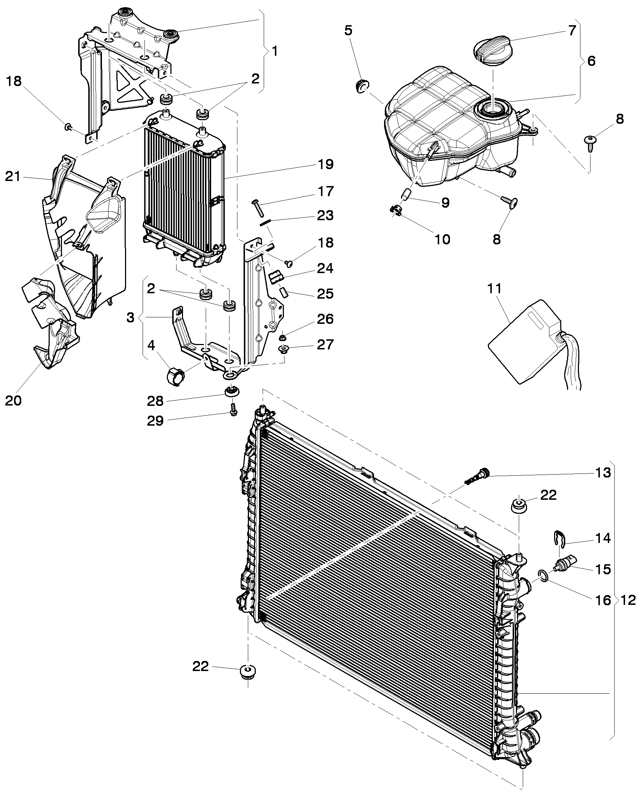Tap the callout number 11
pos(494,288)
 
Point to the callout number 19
pos(326,164)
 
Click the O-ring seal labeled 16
pos(543,575)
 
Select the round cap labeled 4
pos(175,377)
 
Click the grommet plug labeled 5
pos(361,86)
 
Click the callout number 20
pos(13,400)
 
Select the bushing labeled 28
pos(232,391)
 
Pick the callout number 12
pos(628,600)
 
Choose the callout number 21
pos(13,177)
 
